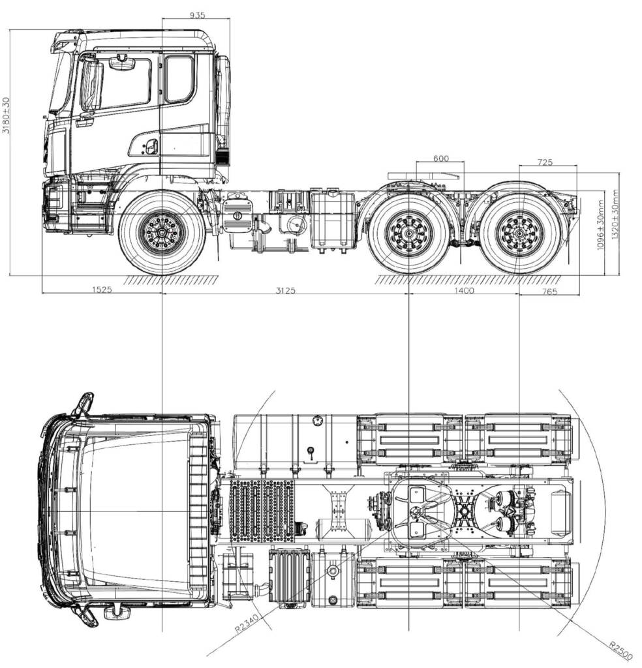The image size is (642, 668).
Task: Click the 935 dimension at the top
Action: (x=197, y=16)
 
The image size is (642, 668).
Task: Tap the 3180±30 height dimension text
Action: (x=6, y=115)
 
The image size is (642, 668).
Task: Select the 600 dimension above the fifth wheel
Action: (x=441, y=159)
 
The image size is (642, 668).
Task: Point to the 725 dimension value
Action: (x=545, y=162)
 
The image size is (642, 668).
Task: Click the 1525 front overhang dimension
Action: (x=102, y=290)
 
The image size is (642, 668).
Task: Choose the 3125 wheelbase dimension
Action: (x=285, y=290)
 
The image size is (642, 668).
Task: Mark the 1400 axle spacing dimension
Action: (x=464, y=290)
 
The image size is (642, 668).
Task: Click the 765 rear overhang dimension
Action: (x=549, y=292)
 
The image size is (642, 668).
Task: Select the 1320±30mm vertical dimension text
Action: (x=615, y=215)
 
